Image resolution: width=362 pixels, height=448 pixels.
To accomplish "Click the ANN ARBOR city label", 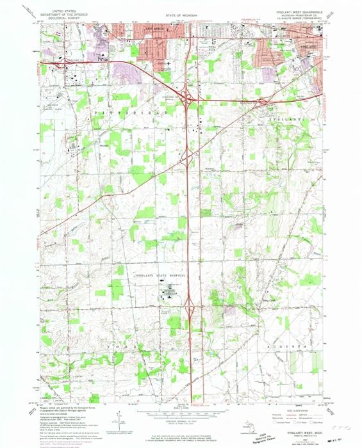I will pos(154,29).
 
